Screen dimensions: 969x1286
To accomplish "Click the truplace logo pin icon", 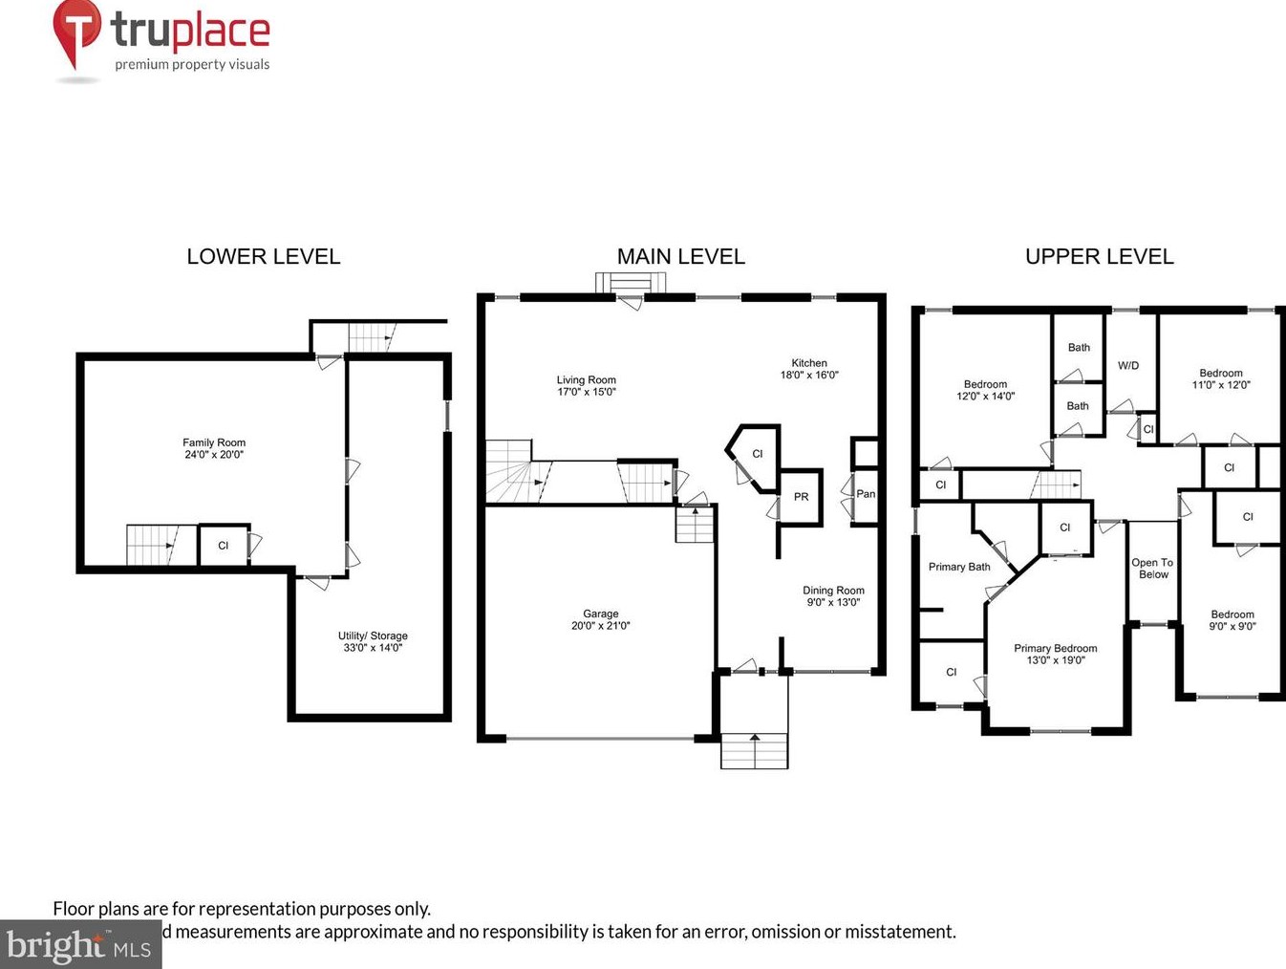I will [76, 31].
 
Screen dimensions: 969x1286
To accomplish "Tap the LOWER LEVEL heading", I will [263, 256].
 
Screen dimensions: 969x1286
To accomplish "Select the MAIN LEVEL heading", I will [680, 256].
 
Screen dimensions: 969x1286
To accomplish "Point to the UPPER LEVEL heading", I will [1099, 256].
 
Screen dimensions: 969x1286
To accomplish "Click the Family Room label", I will [214, 442].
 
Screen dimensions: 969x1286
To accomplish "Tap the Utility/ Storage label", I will [373, 635].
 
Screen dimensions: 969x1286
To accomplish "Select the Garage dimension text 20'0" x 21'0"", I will [601, 626].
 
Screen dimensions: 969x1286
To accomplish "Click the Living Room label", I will [586, 379].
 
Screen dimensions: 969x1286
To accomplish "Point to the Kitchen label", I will [808, 363].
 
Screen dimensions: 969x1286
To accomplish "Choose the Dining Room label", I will [833, 591].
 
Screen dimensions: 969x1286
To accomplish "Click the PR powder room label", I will [801, 497].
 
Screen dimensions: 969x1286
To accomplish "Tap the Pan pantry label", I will [866, 494].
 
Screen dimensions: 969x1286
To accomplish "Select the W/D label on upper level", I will [1128, 366].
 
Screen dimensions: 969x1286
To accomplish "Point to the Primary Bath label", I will [959, 567].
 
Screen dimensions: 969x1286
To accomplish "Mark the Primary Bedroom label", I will [1056, 648].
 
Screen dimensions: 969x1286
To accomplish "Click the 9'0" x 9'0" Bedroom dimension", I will [1232, 627].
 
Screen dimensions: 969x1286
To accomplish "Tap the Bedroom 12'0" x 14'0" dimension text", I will [985, 397].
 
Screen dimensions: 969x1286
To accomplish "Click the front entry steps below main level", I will [755, 750].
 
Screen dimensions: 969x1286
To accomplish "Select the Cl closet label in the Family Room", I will [223, 546].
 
